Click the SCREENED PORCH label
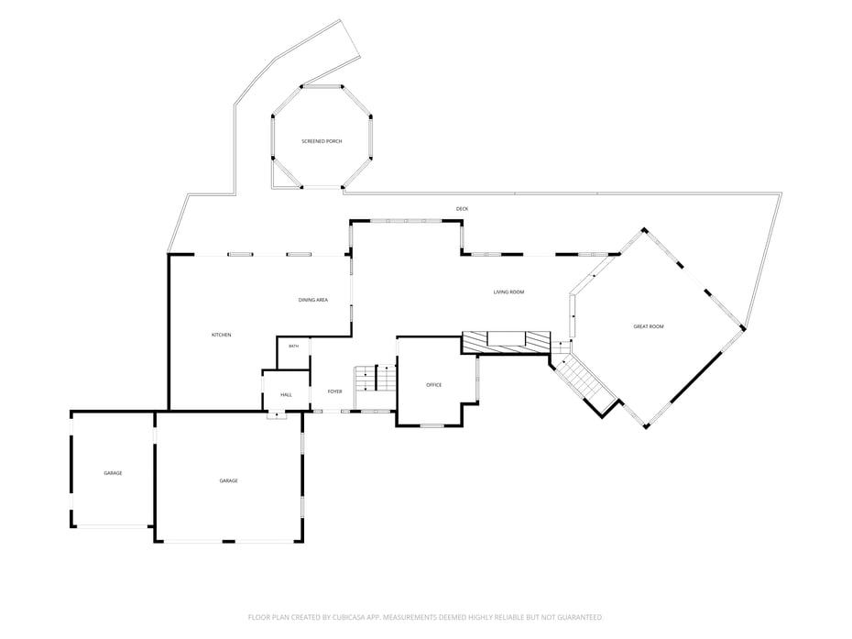322,141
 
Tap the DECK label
462,209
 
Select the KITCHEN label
221,335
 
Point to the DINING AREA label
313,300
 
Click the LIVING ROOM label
508,292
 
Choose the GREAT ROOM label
649,327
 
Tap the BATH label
293,347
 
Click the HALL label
287,395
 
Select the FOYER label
334,391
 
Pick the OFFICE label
433,385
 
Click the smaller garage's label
113,473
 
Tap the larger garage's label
229,480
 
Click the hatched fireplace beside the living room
507,343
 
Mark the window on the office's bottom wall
432,425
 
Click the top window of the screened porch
322,86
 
